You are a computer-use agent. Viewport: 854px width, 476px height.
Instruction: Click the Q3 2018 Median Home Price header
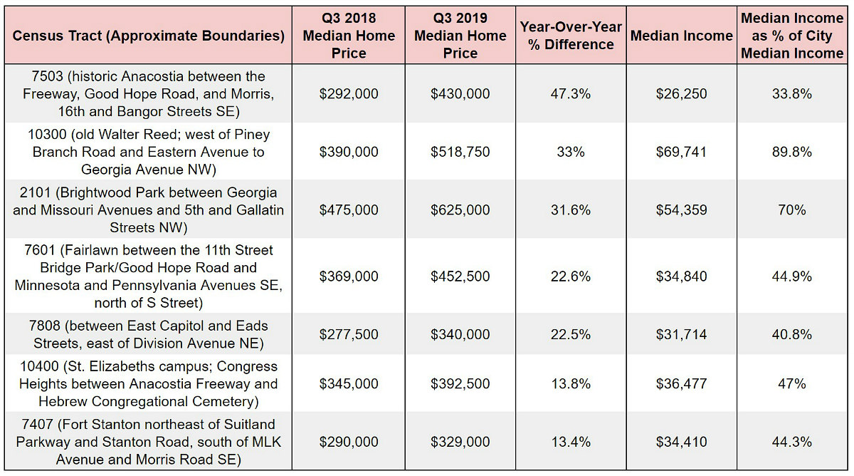[349, 36]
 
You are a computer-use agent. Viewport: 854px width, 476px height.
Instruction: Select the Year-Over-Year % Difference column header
[571, 36]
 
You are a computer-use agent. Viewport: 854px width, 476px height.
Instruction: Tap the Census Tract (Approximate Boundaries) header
[148, 36]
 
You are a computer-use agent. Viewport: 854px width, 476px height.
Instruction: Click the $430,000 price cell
[460, 94]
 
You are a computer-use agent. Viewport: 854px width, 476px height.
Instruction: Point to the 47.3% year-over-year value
[571, 94]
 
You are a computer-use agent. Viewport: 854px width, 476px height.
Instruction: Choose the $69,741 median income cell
[681, 152]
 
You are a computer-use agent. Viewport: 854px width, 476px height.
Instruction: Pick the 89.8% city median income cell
[792, 152]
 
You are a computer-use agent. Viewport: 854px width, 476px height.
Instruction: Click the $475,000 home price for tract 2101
[349, 210]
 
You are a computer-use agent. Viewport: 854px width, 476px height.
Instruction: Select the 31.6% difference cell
[571, 210]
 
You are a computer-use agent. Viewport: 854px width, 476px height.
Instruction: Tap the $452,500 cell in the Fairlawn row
[460, 276]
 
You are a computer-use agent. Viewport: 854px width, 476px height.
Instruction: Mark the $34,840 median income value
[681, 276]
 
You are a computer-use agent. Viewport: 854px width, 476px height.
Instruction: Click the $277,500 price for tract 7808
[349, 334]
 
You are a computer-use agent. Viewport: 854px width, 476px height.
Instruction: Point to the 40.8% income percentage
[792, 334]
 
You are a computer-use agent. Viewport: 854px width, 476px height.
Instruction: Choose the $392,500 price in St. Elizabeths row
[460, 383]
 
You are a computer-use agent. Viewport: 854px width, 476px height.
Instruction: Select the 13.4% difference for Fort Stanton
[571, 442]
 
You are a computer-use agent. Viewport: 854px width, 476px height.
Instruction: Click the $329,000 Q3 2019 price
[460, 442]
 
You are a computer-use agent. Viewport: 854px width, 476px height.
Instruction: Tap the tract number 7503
[47, 76]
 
